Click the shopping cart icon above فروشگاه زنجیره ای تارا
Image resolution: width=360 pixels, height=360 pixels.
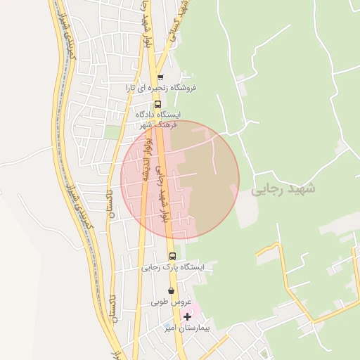click(160, 77)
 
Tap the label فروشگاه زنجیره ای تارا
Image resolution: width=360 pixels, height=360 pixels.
click(161, 89)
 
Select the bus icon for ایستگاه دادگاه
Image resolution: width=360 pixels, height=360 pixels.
click(157, 104)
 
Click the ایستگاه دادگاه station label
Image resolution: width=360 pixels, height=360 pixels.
click(158, 115)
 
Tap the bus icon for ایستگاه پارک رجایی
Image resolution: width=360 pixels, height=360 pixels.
click(173, 256)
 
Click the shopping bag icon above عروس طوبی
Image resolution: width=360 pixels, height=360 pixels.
click(171, 290)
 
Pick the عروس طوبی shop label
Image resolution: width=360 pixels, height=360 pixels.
click(171, 302)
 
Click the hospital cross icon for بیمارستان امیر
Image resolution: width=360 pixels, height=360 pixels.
click(186, 317)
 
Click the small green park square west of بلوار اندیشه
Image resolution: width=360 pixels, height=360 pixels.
click(112, 131)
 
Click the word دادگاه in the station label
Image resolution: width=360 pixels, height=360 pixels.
click(147, 115)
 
